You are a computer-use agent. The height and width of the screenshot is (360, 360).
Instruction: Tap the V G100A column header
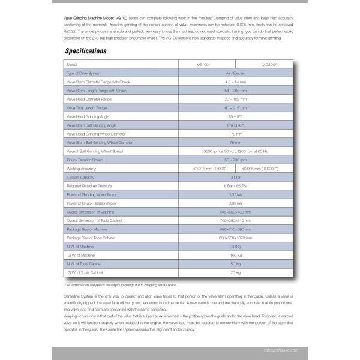tap(260, 64)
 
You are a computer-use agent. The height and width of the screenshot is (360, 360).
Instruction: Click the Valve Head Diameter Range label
tap(89, 98)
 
